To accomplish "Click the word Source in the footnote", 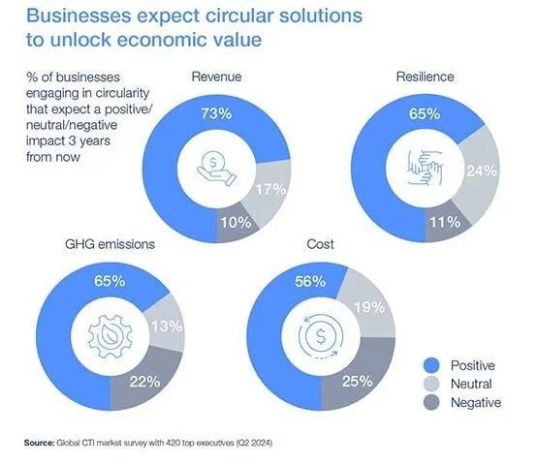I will pyautogui.click(x=43, y=443).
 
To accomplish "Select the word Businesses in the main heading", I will pyautogui.click(x=82, y=16).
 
